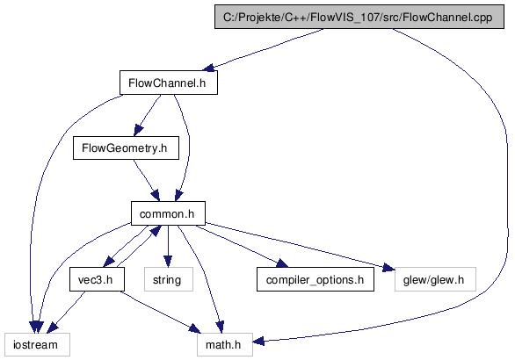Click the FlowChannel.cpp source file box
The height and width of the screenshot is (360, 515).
click(359, 17)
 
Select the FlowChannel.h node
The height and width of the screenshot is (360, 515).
click(169, 83)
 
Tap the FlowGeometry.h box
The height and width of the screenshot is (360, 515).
click(126, 148)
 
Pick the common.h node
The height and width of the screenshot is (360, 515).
click(168, 213)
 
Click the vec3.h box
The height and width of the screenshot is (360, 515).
click(97, 279)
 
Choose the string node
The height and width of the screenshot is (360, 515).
click(169, 279)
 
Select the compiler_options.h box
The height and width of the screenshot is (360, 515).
click(316, 279)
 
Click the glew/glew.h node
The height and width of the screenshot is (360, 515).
click(435, 279)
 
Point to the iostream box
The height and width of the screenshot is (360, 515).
click(37, 344)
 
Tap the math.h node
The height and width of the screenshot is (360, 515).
click(225, 344)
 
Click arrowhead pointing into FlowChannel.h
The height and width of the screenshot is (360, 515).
click(209, 68)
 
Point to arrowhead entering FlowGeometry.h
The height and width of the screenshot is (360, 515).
click(138, 130)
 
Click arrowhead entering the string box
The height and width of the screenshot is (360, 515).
click(168, 262)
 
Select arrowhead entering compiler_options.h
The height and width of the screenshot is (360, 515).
click(282, 263)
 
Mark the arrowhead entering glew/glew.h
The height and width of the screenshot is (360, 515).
click(388, 268)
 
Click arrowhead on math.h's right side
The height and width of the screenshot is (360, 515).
click(258, 341)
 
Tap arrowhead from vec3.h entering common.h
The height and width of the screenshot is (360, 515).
click(156, 230)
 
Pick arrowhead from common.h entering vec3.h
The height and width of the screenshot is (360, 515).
click(109, 263)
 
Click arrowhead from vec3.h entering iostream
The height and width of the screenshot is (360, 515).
click(53, 328)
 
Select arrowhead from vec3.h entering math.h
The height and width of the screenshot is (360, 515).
click(194, 328)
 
